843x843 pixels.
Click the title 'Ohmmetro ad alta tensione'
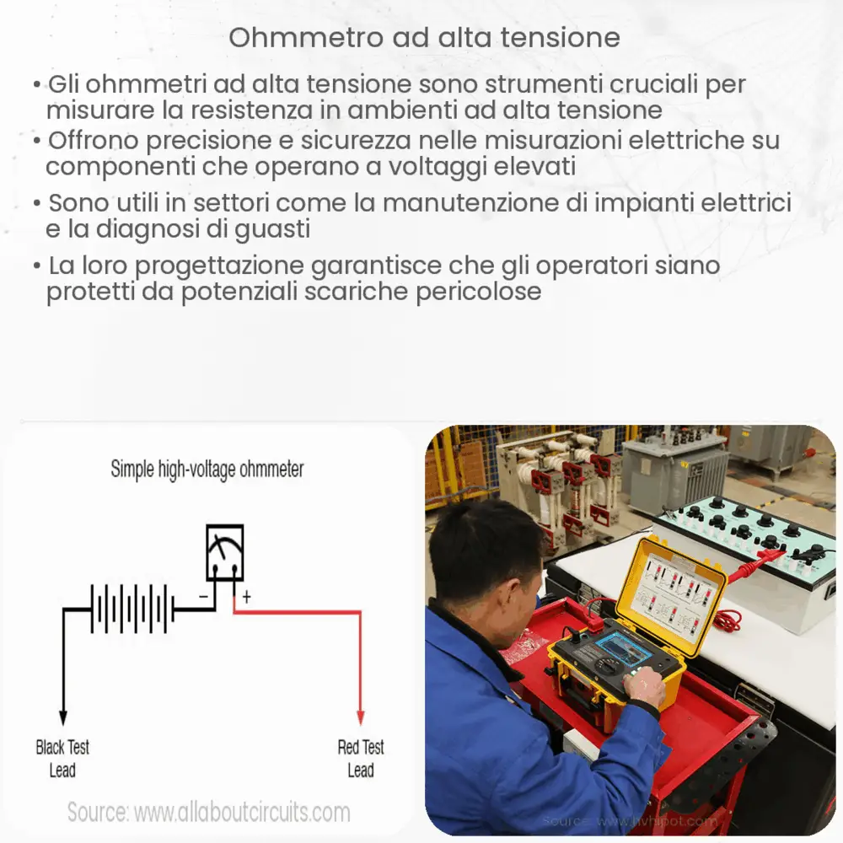[424, 38]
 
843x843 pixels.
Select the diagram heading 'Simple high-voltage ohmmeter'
[207, 470]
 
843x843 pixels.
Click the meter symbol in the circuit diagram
[225, 552]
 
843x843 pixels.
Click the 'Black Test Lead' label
[62, 758]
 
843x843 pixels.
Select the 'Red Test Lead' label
[361, 758]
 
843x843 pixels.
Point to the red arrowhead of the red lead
[361, 717]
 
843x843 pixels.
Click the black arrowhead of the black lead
[62, 717]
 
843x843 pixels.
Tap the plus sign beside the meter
[247, 597]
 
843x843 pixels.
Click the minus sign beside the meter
[203, 597]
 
